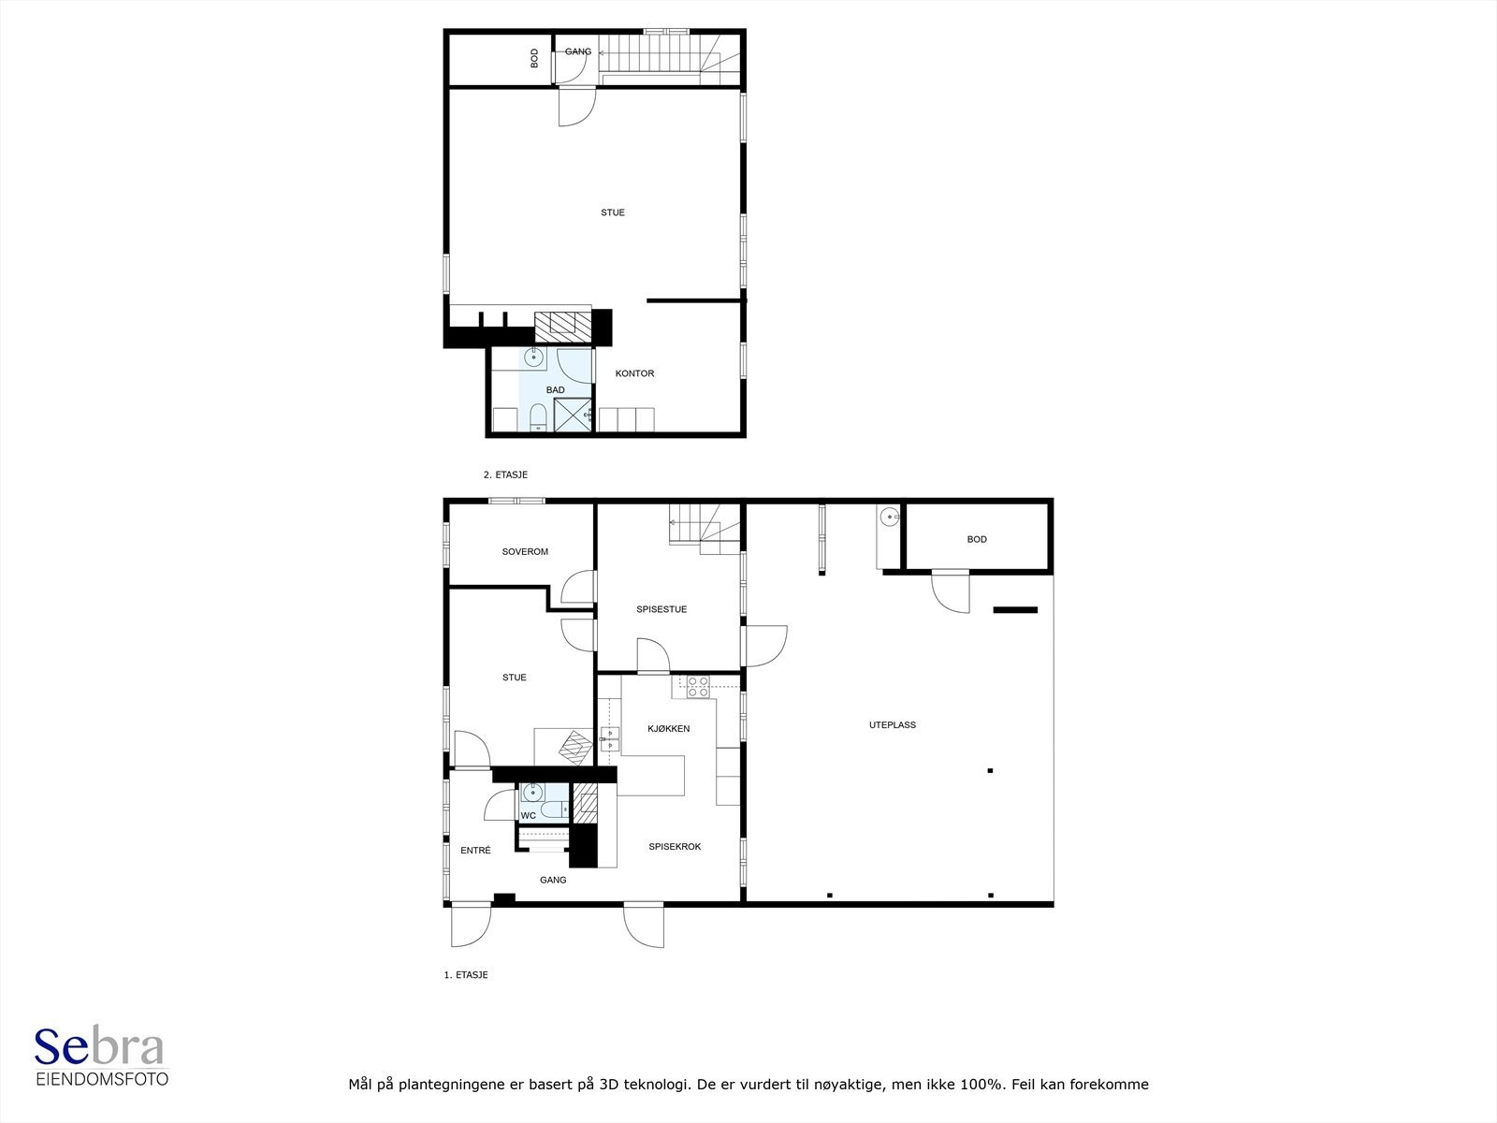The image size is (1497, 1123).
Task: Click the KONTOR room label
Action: click(634, 373)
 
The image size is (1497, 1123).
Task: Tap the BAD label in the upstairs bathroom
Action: click(555, 390)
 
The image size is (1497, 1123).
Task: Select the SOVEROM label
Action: click(525, 551)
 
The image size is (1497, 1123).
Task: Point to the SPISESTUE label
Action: click(661, 609)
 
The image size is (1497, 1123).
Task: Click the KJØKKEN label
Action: click(668, 729)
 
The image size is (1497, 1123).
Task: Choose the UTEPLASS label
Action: click(892, 724)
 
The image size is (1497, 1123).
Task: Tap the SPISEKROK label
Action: click(675, 847)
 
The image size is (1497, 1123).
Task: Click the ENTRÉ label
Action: click(475, 851)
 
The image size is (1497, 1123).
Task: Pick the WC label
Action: click(529, 815)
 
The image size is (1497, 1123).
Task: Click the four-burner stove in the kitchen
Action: click(698, 687)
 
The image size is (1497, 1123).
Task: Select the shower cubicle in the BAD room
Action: click(573, 416)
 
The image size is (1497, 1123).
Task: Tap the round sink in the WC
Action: click(532, 793)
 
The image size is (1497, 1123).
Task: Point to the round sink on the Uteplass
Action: click(890, 518)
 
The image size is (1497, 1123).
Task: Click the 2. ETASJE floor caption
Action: click(505, 474)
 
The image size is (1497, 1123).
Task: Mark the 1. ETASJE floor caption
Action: click(466, 975)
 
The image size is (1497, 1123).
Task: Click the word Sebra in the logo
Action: click(99, 1046)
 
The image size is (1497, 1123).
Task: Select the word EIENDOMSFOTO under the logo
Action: click(102, 1079)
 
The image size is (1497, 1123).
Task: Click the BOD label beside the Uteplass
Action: click(977, 539)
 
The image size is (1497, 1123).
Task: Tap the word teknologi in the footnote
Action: click(656, 1084)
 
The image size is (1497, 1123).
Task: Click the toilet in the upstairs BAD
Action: click(538, 418)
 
